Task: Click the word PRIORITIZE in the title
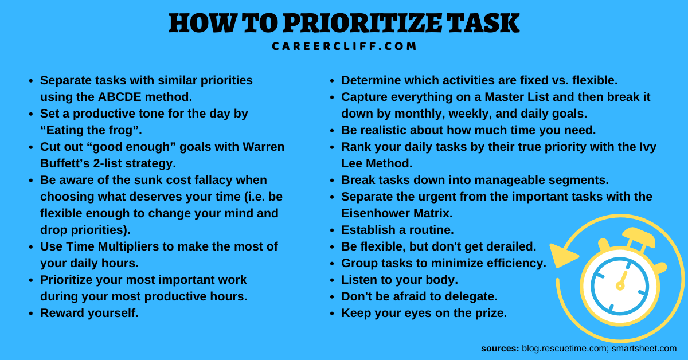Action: click(362, 23)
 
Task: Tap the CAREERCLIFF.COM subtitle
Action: click(344, 46)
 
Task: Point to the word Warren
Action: click(264, 147)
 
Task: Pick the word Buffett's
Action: click(65, 163)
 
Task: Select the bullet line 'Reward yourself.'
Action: click(89, 313)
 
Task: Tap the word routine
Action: click(432, 230)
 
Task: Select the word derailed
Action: click(511, 246)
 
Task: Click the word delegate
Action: click(471, 296)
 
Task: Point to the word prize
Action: click(491, 314)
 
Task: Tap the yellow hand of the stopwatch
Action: click(621, 280)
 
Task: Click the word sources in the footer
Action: click(500, 349)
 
